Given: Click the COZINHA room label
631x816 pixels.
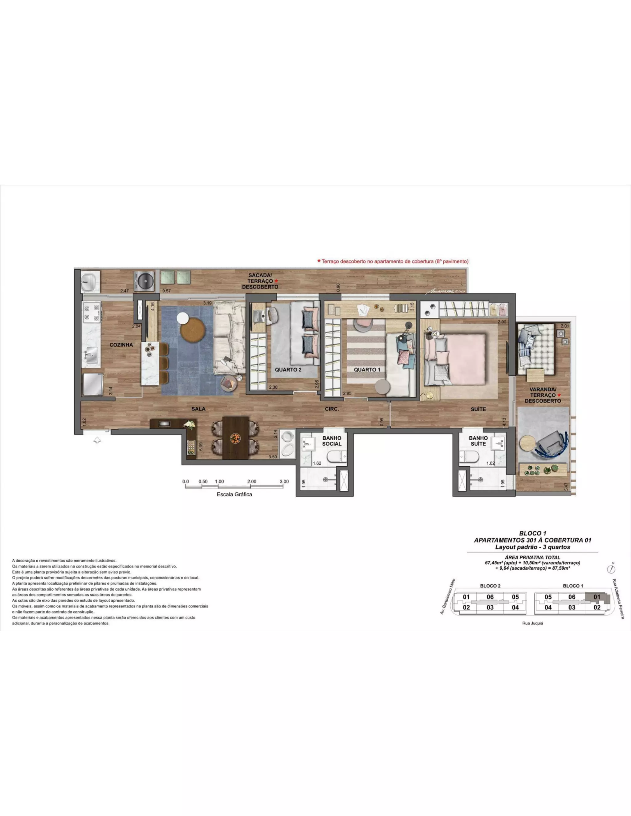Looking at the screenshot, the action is [x=121, y=345].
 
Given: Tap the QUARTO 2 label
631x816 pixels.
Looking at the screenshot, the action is [x=288, y=370].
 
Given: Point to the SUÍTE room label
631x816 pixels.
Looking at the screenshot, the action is [x=478, y=409].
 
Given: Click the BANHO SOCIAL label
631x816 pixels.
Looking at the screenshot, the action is [x=332, y=441].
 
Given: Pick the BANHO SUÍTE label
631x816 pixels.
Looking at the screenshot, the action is [x=478, y=441].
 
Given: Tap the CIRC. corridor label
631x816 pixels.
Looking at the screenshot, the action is [x=332, y=409].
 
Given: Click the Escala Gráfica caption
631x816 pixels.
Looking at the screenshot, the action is [x=234, y=494].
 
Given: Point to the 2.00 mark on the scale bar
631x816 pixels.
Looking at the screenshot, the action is [x=252, y=482].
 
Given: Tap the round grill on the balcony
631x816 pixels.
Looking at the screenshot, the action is [x=144, y=281].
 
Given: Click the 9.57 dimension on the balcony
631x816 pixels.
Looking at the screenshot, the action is [x=166, y=291].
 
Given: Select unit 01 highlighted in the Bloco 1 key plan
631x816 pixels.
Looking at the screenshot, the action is [x=597, y=597].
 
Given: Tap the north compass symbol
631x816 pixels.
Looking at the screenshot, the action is [x=612, y=569].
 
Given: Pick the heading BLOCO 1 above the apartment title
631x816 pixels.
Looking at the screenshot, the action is [x=533, y=533].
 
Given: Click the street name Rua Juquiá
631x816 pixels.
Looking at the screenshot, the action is [x=533, y=623].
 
